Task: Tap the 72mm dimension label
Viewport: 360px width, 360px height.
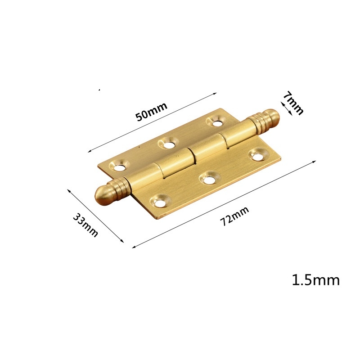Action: pos(234,217)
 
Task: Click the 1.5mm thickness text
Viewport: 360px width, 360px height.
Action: pos(315,280)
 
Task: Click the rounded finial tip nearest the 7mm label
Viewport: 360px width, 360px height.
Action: pos(272,116)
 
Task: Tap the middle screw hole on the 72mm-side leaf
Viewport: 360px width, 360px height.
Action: pos(208,179)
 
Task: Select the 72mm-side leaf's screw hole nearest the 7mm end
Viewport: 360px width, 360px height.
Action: pos(257,156)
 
